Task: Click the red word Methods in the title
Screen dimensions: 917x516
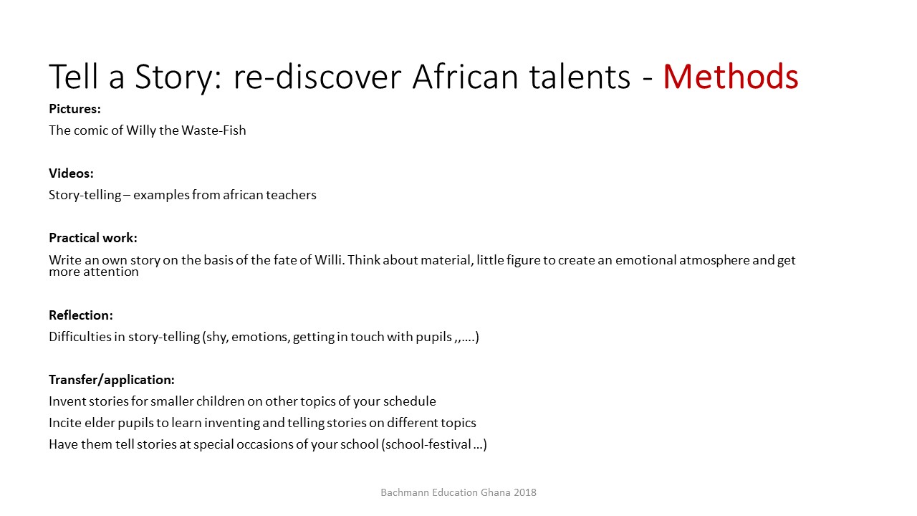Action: pos(731,76)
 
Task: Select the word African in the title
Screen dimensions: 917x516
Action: pos(466,76)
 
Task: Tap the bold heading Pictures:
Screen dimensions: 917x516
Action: pos(75,109)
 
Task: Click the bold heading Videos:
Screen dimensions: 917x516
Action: pos(71,173)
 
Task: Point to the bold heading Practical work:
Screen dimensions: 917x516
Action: pos(93,238)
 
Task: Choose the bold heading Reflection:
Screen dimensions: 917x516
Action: pos(81,315)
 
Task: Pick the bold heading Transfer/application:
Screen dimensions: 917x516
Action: pos(112,380)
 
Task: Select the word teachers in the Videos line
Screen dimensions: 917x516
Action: pos(291,195)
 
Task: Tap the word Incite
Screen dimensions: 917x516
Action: pos(65,423)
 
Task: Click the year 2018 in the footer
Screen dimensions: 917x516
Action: pos(525,492)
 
